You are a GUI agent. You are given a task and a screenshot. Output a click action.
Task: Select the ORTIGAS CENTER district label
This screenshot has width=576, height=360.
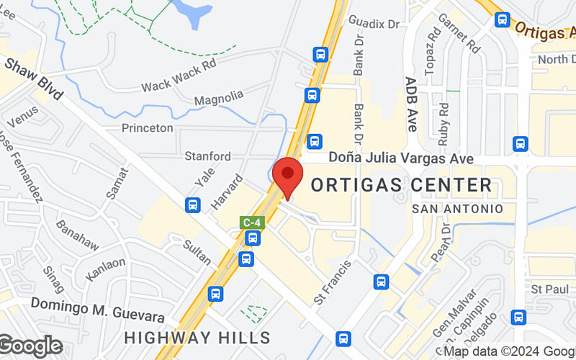click(401, 185)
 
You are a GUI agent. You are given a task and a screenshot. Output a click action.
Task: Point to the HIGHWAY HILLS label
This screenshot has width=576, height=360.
click(197, 337)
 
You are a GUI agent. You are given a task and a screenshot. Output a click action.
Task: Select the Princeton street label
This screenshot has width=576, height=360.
click(148, 127)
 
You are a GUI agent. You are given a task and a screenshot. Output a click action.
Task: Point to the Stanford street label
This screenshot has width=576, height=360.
click(208, 156)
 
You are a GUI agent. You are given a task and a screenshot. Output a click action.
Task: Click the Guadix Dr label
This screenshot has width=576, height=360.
click(374, 23)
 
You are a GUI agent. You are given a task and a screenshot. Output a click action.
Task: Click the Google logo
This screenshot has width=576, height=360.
click(30, 346)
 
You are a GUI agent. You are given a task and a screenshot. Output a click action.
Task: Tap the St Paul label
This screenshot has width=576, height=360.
click(545, 289)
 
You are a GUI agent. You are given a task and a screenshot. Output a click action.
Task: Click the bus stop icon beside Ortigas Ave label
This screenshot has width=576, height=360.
click(503, 19)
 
